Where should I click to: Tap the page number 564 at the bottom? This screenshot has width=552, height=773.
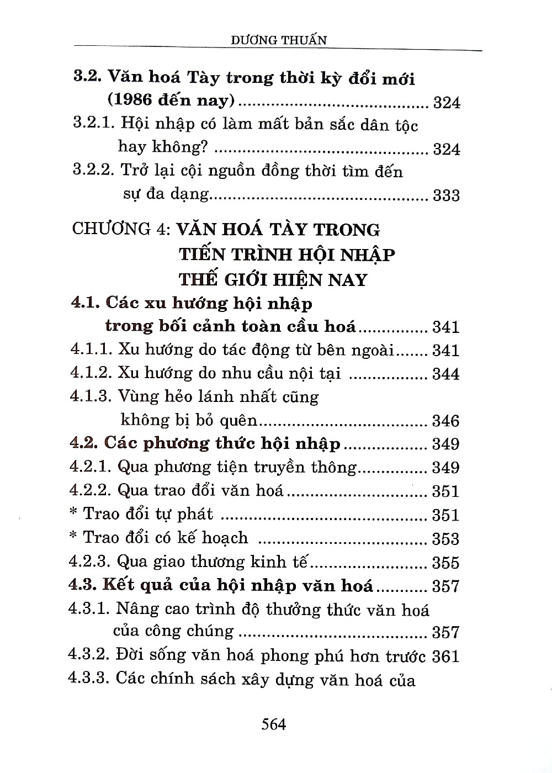point(274,723)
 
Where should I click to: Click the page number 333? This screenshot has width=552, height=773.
point(446,195)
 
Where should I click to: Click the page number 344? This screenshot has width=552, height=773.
point(446,374)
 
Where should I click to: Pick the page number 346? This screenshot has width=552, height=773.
point(446,421)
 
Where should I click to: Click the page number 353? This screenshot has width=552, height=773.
point(446,538)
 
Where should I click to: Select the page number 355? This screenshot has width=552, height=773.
point(446,563)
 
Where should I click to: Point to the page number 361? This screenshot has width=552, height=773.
point(446,656)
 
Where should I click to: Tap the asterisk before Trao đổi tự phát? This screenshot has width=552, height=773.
point(73,513)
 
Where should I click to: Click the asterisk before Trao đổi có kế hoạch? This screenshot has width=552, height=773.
point(73,537)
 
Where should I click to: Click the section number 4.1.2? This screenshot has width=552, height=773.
point(91,373)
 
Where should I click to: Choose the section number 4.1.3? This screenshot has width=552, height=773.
point(91,396)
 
